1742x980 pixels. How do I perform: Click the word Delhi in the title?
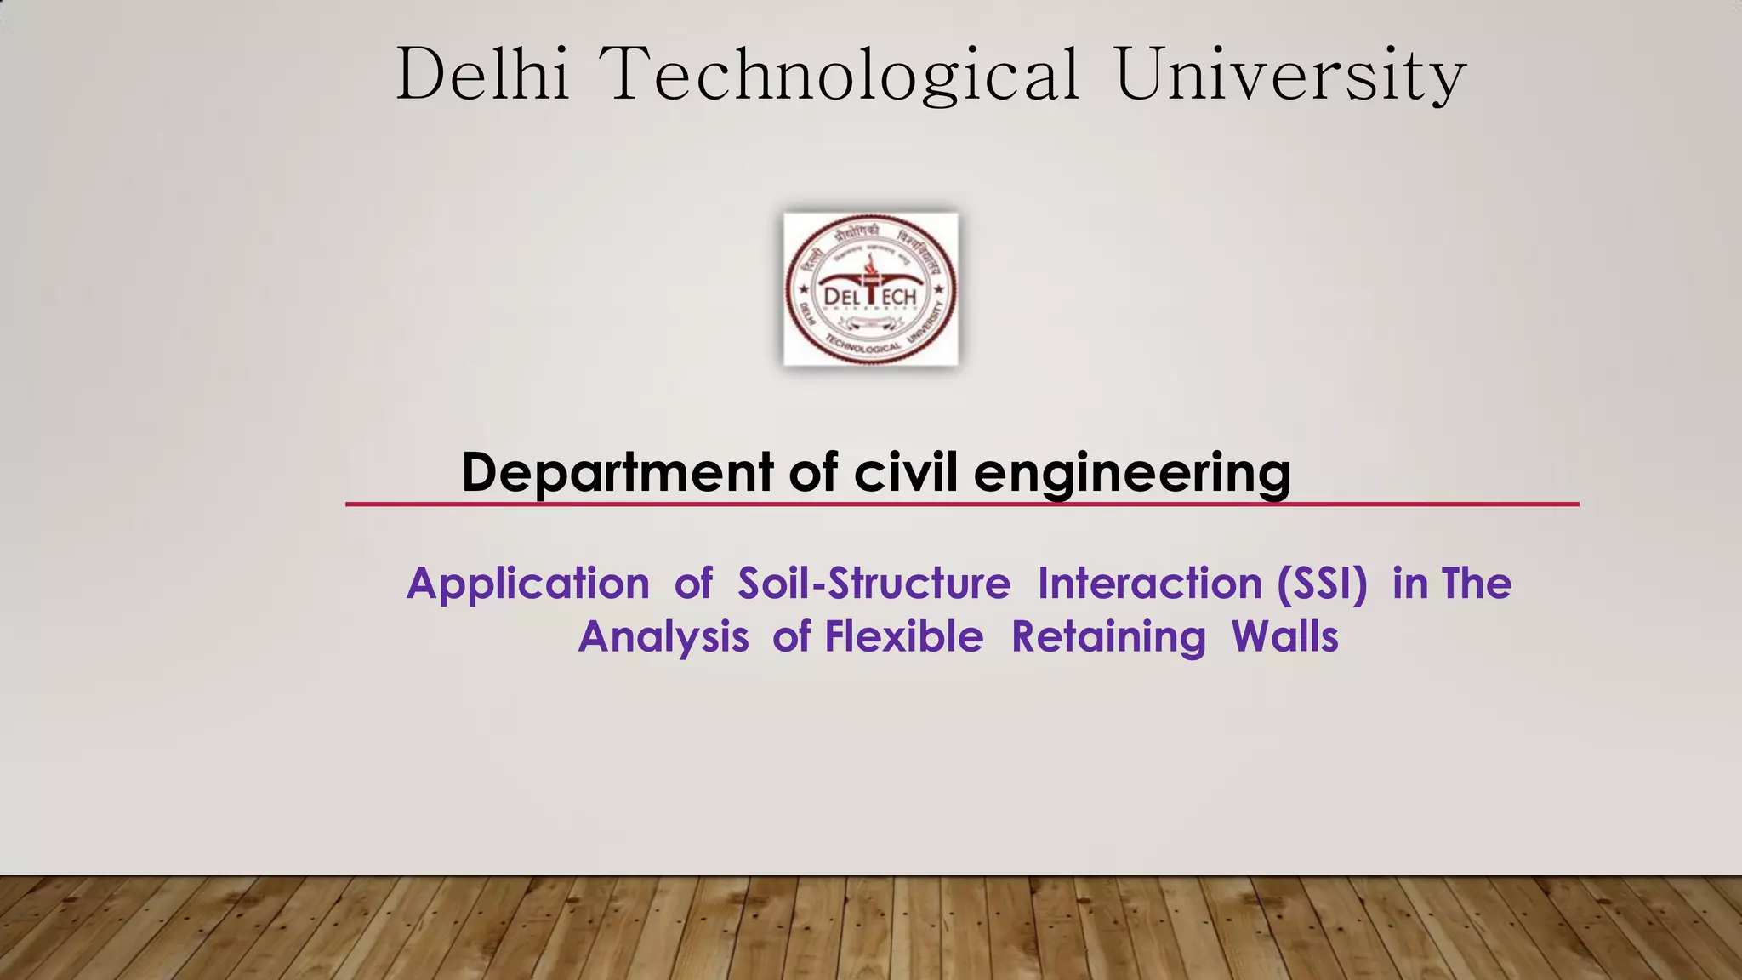[x=482, y=75]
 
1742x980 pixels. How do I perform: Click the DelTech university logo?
[x=870, y=289]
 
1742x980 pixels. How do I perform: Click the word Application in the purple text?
[x=528, y=584]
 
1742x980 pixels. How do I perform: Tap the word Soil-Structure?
[x=874, y=584]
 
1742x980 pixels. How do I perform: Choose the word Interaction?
[x=1149, y=584]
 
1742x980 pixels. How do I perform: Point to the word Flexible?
[x=904, y=636]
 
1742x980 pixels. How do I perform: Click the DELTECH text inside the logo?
[x=870, y=296]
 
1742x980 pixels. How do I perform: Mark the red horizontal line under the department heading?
[x=961, y=504]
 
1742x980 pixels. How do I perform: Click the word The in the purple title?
[x=1477, y=584]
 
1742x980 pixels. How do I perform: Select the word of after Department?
[x=812, y=472]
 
